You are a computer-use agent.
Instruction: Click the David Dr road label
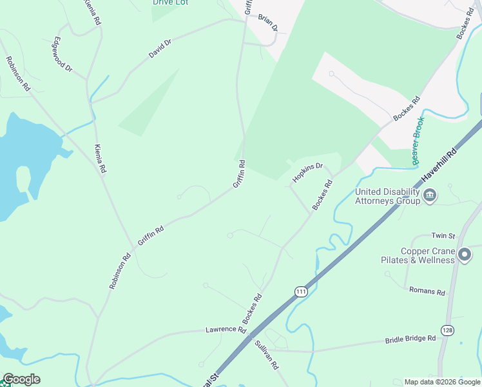(160, 49)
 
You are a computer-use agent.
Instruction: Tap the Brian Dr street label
(268, 23)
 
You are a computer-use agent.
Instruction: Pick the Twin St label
(443, 236)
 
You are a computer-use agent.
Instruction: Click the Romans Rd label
(427, 292)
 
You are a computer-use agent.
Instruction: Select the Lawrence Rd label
(226, 330)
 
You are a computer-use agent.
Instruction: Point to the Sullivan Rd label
(266, 355)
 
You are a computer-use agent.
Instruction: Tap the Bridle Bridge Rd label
(410, 339)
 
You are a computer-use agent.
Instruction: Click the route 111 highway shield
(300, 292)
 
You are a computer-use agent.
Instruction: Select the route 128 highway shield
(447, 330)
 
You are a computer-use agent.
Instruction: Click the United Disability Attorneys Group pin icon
(430, 195)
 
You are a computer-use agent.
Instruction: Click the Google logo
(21, 379)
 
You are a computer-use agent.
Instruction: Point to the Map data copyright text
(442, 382)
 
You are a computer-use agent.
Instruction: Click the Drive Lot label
(169, 3)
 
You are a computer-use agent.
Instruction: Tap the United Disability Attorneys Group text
(388, 196)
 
